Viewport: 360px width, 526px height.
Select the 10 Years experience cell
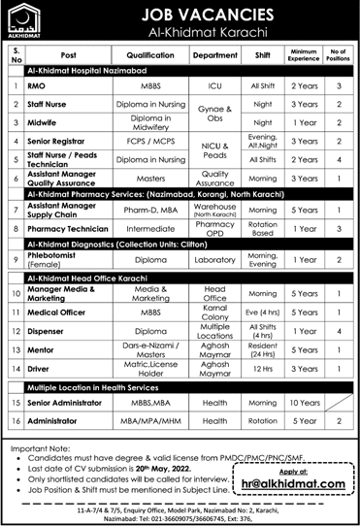point(306,402)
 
